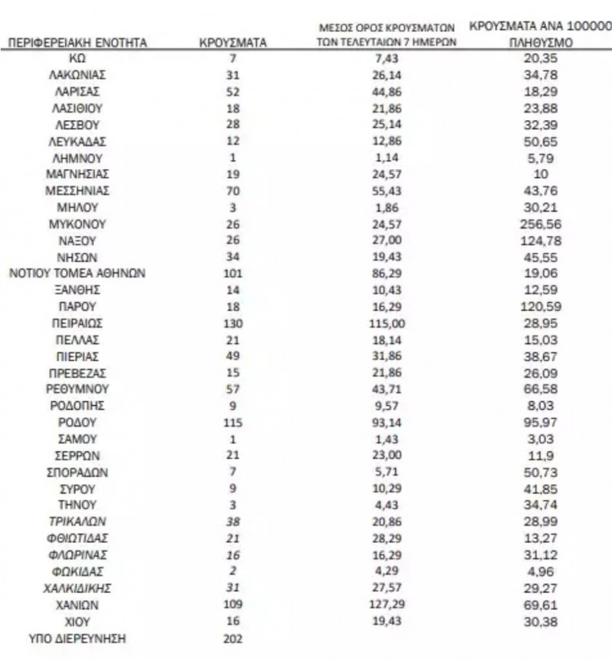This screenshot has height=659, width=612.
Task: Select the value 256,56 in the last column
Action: pyautogui.click(x=540, y=225)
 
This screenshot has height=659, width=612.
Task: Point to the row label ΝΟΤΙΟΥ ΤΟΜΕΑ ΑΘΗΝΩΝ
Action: pyautogui.click(x=76, y=274)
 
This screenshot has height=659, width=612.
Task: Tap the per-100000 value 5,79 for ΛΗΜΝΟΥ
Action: pyautogui.click(x=540, y=157)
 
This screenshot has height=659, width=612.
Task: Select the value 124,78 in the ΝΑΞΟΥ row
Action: pyautogui.click(x=540, y=241)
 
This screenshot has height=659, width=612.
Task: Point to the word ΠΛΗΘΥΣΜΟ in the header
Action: pyautogui.click(x=540, y=44)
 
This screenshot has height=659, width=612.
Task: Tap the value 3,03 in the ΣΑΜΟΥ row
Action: pyautogui.click(x=540, y=439)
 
